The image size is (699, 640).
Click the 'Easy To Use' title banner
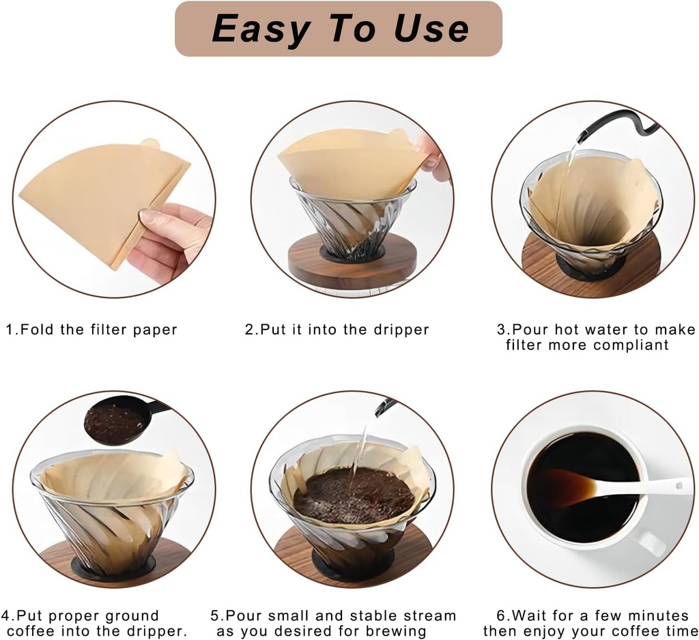tap(339, 29)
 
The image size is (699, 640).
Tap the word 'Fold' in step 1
tap(38, 330)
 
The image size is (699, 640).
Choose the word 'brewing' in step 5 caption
tap(397, 632)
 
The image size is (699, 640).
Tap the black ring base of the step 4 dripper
tap(113, 566)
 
